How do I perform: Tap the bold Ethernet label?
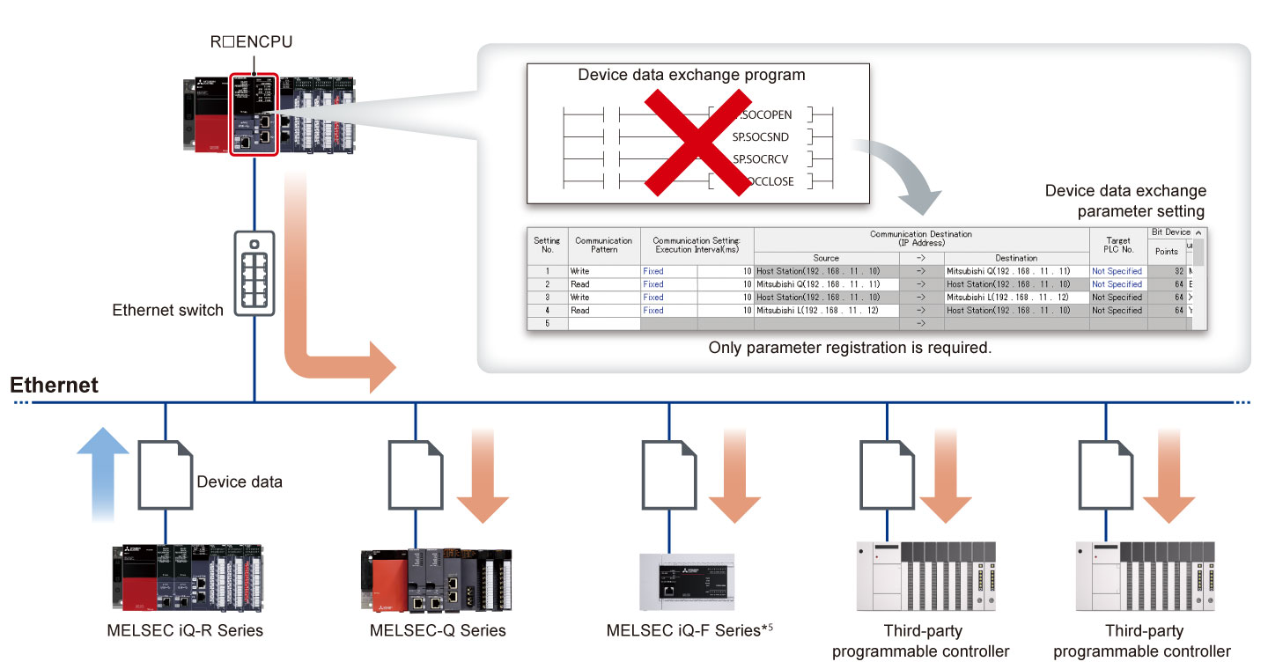pyautogui.click(x=55, y=385)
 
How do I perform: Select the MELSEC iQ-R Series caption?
pyautogui.click(x=185, y=630)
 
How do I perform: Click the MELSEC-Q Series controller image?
pyautogui.click(x=436, y=579)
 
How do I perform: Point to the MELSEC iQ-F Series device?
pyautogui.click(x=695, y=582)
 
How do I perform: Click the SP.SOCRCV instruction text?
pyautogui.click(x=762, y=159)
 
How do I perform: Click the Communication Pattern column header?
pyautogui.click(x=603, y=245)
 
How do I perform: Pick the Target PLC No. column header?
pyautogui.click(x=1117, y=245)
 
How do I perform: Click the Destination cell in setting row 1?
pyautogui.click(x=1015, y=271)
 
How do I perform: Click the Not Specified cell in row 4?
pyautogui.click(x=1117, y=311)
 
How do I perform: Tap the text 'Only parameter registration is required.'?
pyautogui.click(x=850, y=348)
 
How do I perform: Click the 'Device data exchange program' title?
pyautogui.click(x=691, y=75)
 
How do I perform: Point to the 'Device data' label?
pyautogui.click(x=240, y=482)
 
